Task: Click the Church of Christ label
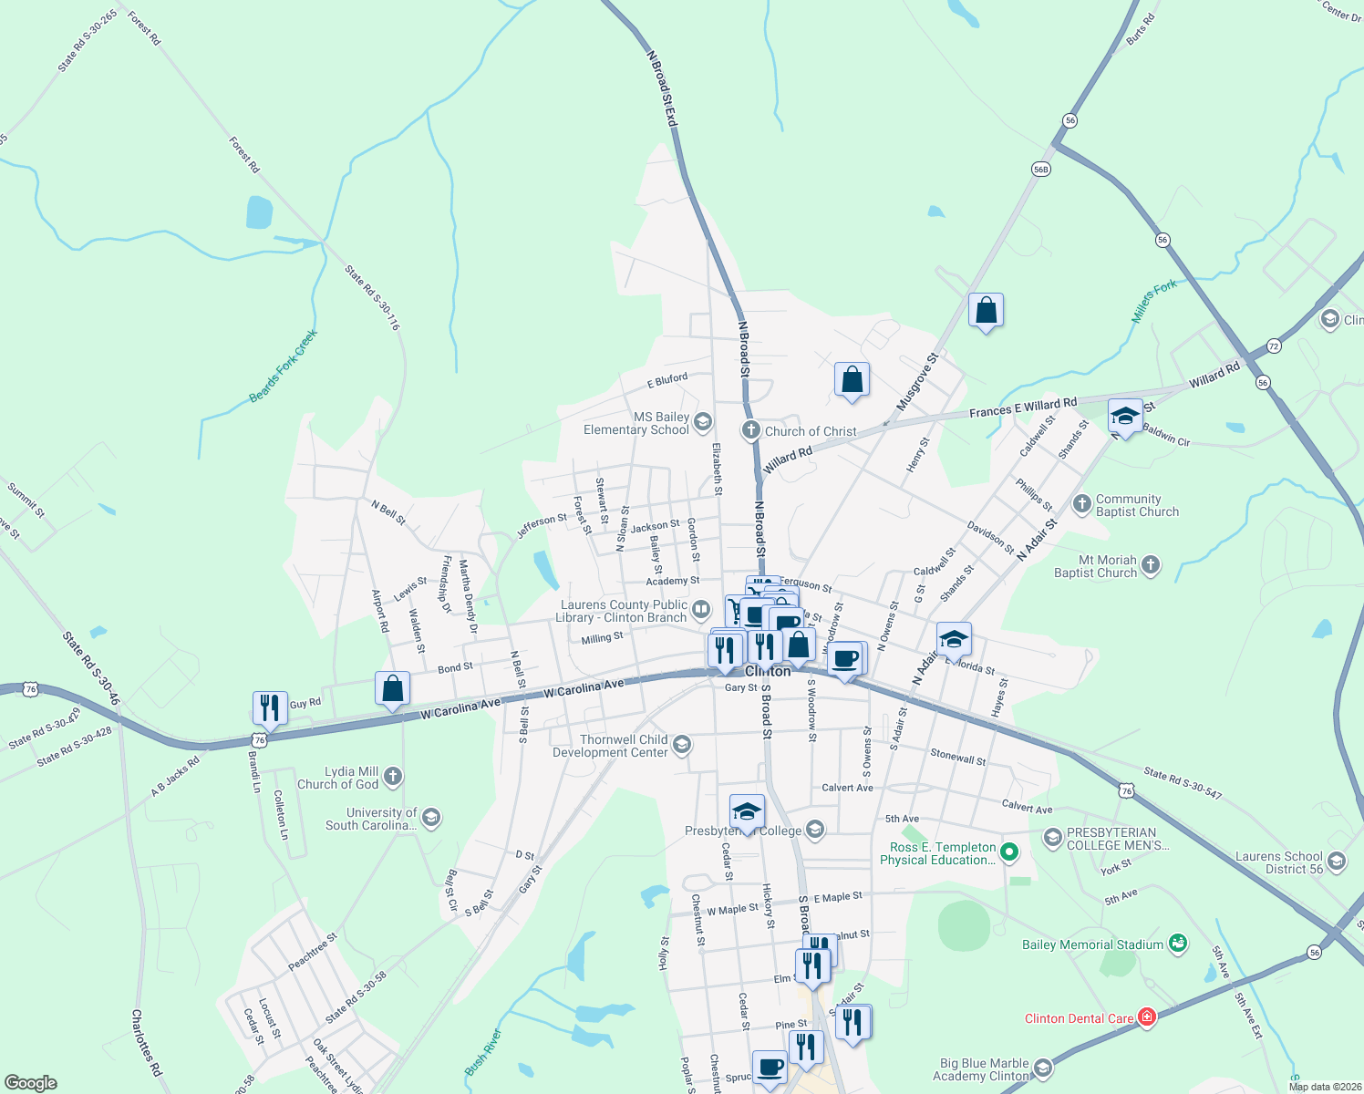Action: click(811, 431)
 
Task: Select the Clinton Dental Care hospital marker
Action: click(1146, 1017)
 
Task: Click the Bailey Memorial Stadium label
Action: click(1092, 944)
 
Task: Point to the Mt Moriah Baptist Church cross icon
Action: click(1151, 565)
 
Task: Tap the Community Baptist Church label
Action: click(1137, 506)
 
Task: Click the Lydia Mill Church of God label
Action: click(337, 778)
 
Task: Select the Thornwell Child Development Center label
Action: click(610, 746)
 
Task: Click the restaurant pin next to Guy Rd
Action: click(270, 707)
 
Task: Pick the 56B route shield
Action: click(1041, 169)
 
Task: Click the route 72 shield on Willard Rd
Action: click(1274, 346)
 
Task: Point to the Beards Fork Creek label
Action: click(283, 366)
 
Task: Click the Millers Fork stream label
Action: click(1154, 302)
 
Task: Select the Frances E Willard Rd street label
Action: click(1023, 408)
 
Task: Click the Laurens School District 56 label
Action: click(1278, 862)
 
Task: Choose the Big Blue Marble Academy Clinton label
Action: click(984, 1069)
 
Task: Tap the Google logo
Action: click(31, 1083)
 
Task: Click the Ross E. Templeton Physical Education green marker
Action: click(1008, 853)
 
